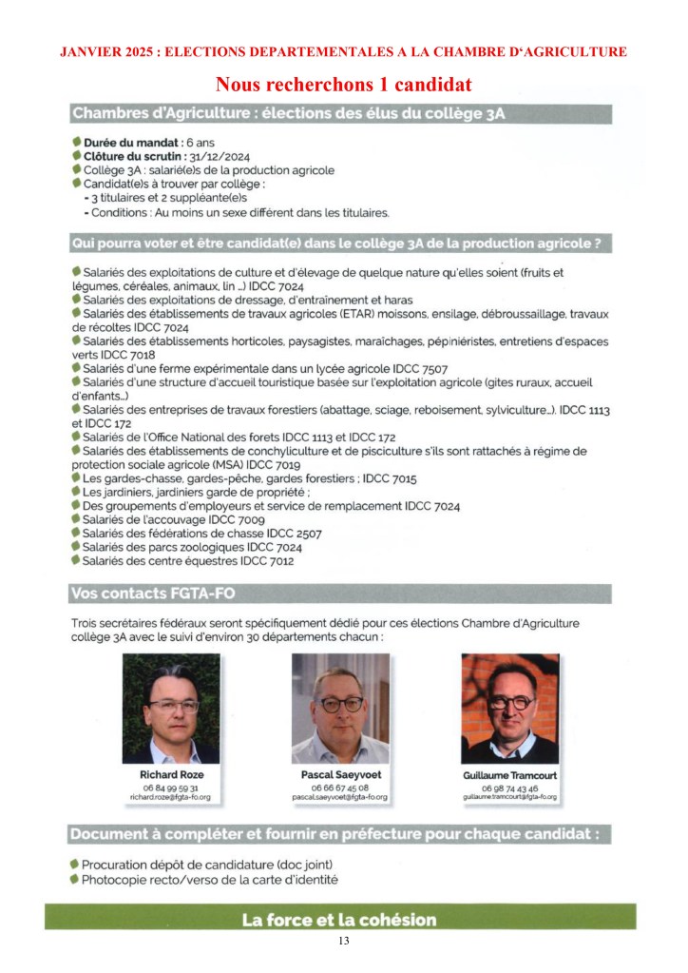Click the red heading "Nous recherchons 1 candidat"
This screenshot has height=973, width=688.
coord(343,84)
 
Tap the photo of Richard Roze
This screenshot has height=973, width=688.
coord(171,709)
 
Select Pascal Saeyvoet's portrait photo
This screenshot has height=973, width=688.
coord(340,709)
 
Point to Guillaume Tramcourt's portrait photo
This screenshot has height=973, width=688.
coord(509,709)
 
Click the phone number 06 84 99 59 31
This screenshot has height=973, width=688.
coord(171,788)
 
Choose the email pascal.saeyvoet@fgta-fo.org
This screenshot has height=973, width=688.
coord(340,797)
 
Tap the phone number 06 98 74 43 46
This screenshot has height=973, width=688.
coord(509,789)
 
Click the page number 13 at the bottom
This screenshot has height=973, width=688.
coord(343,942)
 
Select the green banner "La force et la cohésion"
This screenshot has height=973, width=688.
coord(339,920)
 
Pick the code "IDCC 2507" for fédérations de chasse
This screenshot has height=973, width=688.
coord(290,534)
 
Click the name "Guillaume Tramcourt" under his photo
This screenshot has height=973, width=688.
coord(509,776)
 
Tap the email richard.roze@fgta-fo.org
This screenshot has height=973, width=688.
coord(171,797)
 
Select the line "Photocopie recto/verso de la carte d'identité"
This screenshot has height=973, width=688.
coord(210,880)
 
